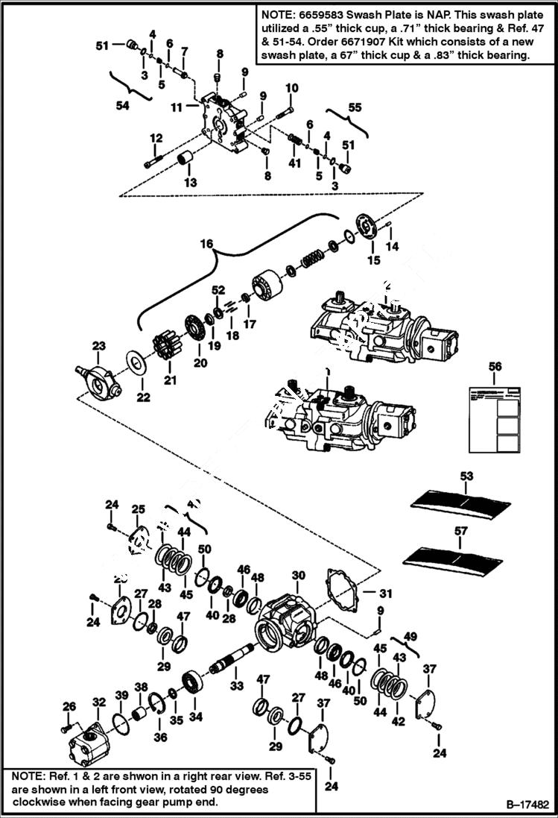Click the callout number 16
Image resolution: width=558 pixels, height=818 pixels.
tap(206, 243)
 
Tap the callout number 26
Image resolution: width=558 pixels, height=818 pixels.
tap(69, 706)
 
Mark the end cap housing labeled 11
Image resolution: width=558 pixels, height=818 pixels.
tap(223, 124)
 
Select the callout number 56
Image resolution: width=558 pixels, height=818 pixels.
tap(495, 366)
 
